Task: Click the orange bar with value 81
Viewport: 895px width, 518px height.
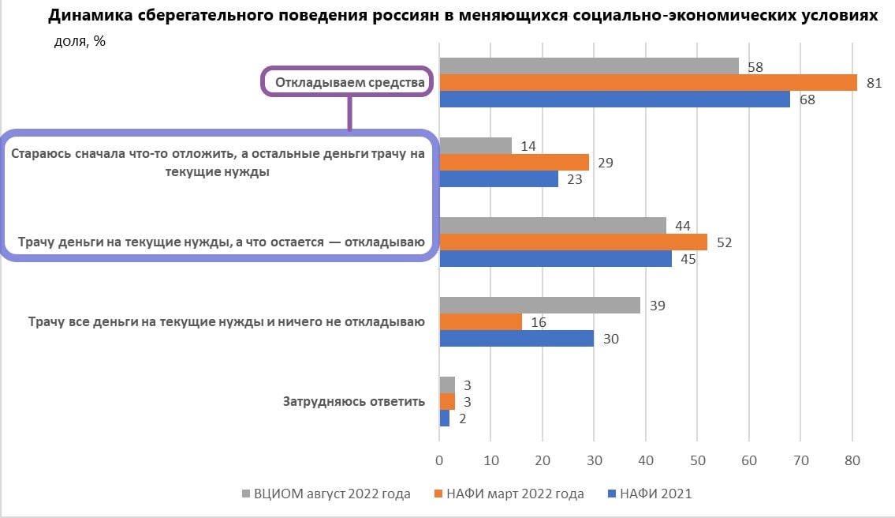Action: pos(647,83)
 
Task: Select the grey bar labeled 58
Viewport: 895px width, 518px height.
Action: pos(588,66)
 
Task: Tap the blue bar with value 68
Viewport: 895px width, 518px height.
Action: pos(613,99)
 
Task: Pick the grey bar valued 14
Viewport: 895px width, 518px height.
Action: pos(475,146)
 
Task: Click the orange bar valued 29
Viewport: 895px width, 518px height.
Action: pos(513,163)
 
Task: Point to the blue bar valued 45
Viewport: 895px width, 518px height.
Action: pos(555,259)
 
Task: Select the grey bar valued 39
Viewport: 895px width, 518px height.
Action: pos(539,306)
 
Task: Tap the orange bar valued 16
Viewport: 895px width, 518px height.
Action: pos(479,322)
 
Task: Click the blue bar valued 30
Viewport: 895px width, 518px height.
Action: pos(516,339)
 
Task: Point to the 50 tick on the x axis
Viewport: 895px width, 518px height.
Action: pos(697,459)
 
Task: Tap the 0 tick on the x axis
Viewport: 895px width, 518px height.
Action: pos(439,459)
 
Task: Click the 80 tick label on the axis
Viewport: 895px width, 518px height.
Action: pos(852,459)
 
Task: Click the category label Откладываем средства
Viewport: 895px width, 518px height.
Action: pos(349,82)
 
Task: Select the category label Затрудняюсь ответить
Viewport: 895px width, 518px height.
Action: pos(354,401)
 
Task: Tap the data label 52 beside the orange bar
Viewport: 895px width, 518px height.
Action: pos(725,242)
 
